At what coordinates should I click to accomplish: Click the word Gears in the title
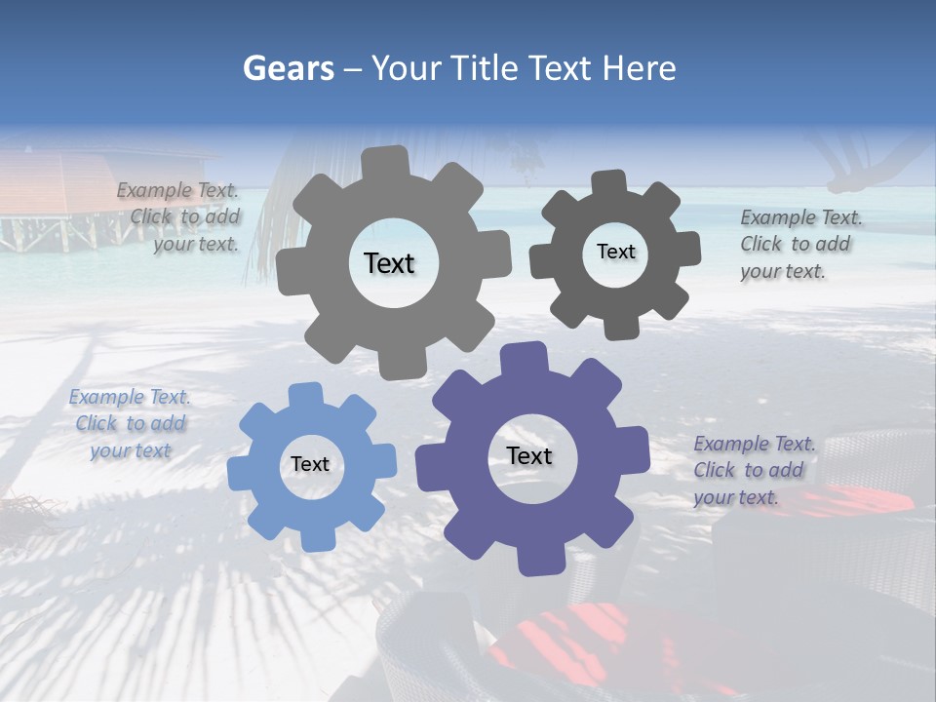tap(287, 68)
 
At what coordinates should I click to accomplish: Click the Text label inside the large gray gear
tap(389, 263)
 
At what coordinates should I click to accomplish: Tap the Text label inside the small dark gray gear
tap(615, 252)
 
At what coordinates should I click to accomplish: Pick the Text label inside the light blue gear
tap(310, 464)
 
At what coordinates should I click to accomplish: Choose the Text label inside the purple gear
tap(529, 455)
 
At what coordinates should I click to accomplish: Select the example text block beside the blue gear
tap(130, 424)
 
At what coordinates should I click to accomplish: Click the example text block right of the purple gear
tap(754, 471)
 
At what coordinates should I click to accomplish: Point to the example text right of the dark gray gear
tap(799, 245)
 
